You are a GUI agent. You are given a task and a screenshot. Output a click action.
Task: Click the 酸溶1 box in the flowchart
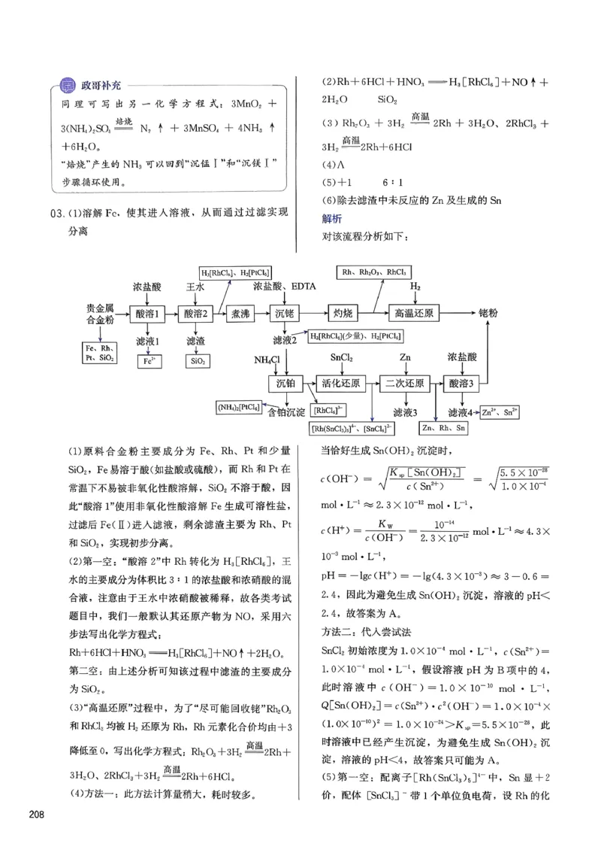click(x=147, y=314)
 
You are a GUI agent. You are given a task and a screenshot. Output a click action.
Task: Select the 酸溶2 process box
click(x=195, y=314)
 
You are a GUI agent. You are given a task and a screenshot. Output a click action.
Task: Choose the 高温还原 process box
click(x=418, y=314)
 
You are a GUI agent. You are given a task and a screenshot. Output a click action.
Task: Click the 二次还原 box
click(x=406, y=384)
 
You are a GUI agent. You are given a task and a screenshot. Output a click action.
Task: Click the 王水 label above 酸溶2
click(x=195, y=287)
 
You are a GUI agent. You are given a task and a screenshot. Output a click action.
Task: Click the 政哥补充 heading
click(x=100, y=85)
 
